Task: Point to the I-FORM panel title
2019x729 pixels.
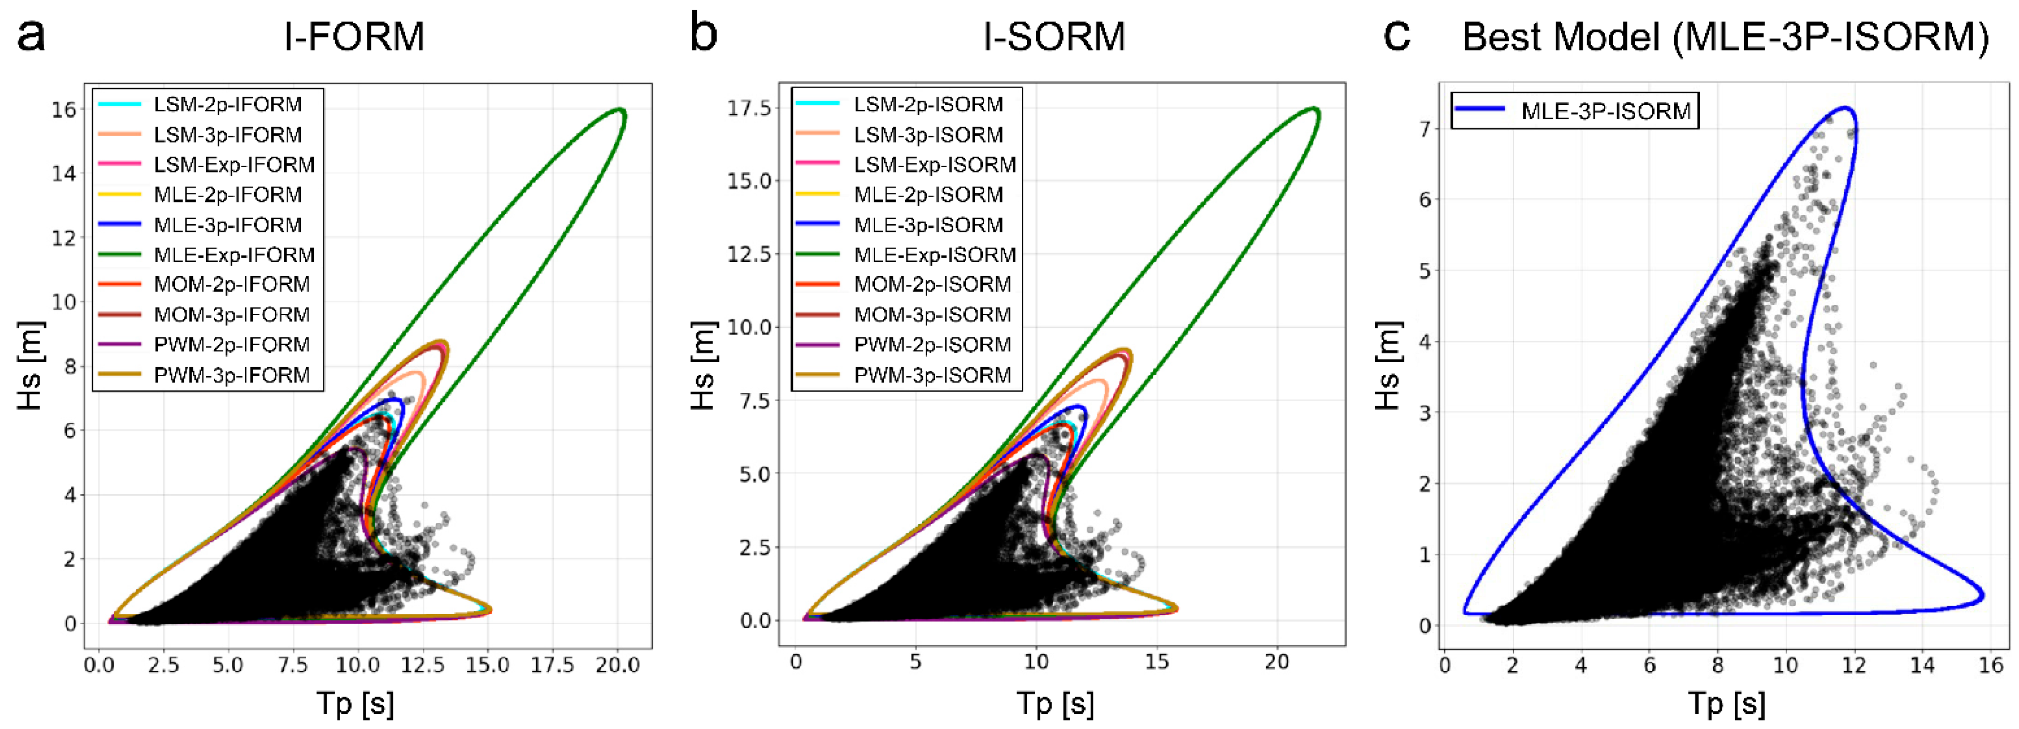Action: pyautogui.click(x=354, y=37)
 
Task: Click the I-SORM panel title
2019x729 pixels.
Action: pyautogui.click(x=1054, y=37)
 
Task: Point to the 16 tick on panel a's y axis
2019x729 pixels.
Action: pyautogui.click(x=64, y=110)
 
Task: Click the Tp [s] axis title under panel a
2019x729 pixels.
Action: pyautogui.click(x=355, y=703)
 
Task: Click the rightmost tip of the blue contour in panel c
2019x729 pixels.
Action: pyautogui.click(x=1983, y=595)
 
